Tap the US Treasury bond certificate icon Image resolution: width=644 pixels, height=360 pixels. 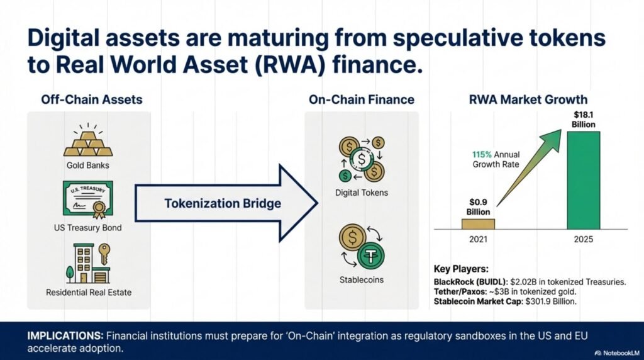click(x=88, y=200)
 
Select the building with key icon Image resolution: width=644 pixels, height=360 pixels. click(x=88, y=263)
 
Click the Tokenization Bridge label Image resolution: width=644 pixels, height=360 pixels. click(x=223, y=203)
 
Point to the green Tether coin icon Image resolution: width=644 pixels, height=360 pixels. click(x=370, y=255)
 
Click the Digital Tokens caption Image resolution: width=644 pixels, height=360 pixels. click(x=362, y=193)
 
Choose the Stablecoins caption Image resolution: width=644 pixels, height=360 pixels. click(x=362, y=280)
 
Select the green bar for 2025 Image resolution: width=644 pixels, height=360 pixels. click(x=583, y=181)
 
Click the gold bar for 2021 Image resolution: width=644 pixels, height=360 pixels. click(x=478, y=224)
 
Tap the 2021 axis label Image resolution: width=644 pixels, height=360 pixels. click(x=478, y=239)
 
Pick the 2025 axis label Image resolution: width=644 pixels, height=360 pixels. click(x=583, y=239)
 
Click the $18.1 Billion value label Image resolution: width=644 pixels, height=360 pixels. click(x=583, y=120)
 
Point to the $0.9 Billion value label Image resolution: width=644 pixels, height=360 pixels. click(x=478, y=207)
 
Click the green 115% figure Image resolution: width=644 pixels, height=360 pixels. click(x=482, y=155)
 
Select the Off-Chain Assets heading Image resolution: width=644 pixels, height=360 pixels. click(x=92, y=99)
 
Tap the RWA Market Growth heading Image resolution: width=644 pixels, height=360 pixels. click(x=528, y=99)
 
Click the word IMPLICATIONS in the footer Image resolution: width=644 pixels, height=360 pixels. click(x=65, y=335)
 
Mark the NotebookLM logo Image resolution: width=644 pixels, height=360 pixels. click(x=617, y=353)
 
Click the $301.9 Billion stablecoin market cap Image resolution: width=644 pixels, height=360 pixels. click(x=551, y=301)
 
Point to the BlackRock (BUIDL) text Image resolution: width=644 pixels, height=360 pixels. click(x=470, y=283)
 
